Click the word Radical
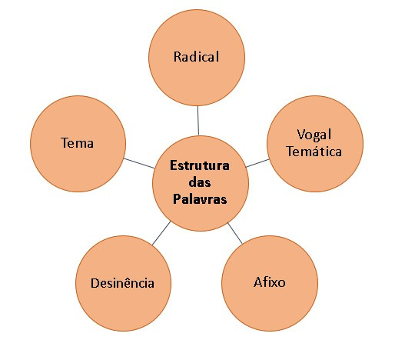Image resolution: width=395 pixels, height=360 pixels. [x=196, y=57]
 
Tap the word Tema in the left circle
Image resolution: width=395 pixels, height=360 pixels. [x=77, y=143]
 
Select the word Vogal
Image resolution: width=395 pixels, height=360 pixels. [x=314, y=135]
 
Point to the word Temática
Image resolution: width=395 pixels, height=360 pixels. [x=314, y=152]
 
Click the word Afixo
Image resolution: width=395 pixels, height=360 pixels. [x=270, y=282]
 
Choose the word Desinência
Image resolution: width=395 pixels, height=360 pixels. [x=122, y=283]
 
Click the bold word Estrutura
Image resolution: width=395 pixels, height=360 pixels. [x=200, y=165]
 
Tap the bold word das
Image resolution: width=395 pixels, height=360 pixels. [x=200, y=182]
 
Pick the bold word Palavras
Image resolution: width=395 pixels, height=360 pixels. [x=200, y=199]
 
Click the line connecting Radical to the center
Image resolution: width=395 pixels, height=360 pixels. [x=198, y=121]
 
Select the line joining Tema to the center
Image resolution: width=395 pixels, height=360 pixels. [x=139, y=163]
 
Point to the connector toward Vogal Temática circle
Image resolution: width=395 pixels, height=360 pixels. [x=257, y=163]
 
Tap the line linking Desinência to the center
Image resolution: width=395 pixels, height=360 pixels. [x=161, y=233]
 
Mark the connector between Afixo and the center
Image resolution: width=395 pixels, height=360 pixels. [x=235, y=233]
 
